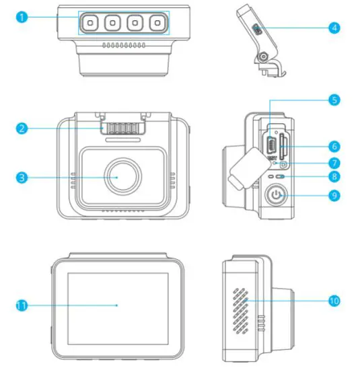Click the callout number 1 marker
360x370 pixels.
click(22, 17)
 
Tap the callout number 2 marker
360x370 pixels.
click(22, 127)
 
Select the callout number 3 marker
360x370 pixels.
click(22, 177)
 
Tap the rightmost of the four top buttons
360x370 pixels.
click(157, 23)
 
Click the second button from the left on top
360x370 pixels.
click(112, 23)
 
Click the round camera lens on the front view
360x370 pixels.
click(122, 176)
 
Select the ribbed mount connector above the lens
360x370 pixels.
click(122, 127)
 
